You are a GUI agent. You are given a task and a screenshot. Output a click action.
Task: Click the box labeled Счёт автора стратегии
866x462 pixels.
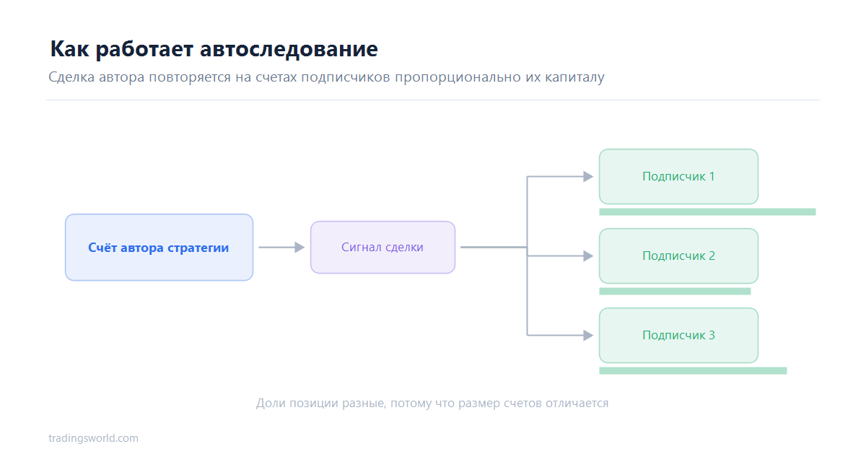pyautogui.click(x=159, y=248)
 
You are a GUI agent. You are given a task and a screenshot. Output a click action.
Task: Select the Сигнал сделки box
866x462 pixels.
pyautogui.click(x=382, y=248)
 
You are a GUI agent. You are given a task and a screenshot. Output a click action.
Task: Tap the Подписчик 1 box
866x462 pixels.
pyautogui.click(x=678, y=177)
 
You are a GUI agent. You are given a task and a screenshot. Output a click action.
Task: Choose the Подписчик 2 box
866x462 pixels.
pyautogui.click(x=678, y=256)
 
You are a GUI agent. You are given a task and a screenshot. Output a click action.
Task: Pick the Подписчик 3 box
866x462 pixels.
pyautogui.click(x=678, y=335)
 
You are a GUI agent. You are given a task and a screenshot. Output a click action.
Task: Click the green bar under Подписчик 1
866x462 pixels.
pyautogui.click(x=707, y=212)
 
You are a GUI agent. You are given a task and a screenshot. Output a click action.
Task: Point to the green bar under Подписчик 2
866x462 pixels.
pyautogui.click(x=675, y=291)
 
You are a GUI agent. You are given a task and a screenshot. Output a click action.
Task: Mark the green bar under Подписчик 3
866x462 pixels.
pyautogui.click(x=693, y=371)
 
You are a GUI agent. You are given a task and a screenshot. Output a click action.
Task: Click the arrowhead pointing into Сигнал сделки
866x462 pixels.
pyautogui.click(x=299, y=248)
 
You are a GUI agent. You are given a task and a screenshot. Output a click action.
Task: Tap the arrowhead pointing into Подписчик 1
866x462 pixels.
pyautogui.click(x=588, y=177)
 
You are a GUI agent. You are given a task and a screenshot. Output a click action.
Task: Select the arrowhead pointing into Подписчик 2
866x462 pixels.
pyautogui.click(x=588, y=256)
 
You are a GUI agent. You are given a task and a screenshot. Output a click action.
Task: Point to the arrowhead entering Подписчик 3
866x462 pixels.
pyautogui.click(x=588, y=335)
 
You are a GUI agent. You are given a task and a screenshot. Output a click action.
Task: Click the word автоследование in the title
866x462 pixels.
pyautogui.click(x=289, y=49)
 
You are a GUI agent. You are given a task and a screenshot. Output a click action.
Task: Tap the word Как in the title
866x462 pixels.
pyautogui.click(x=69, y=49)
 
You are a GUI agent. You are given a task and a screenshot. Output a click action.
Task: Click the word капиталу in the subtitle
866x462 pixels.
pyautogui.click(x=574, y=77)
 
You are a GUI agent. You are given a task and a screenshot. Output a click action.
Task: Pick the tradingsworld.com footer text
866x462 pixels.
pyautogui.click(x=93, y=438)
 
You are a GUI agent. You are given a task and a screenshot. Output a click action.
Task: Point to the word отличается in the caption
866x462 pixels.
pyautogui.click(x=577, y=404)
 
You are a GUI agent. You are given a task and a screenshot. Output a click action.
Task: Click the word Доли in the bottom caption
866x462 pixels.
pyautogui.click(x=271, y=404)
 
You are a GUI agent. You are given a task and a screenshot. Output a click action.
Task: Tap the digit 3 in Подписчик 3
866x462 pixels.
pyautogui.click(x=712, y=335)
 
